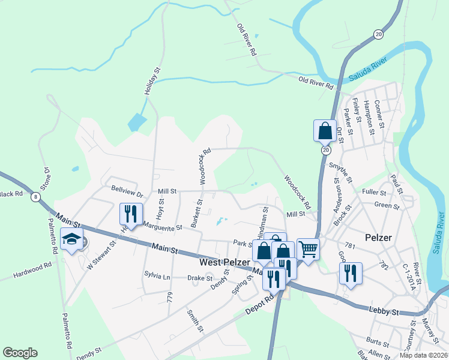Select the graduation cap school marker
(x=71, y=239)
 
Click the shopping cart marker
(x=308, y=248)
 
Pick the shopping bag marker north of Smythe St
(x=325, y=130)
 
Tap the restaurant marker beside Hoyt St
(x=130, y=214)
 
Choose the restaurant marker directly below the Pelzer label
(x=351, y=274)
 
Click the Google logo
(x=20, y=353)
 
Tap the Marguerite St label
(x=163, y=227)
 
